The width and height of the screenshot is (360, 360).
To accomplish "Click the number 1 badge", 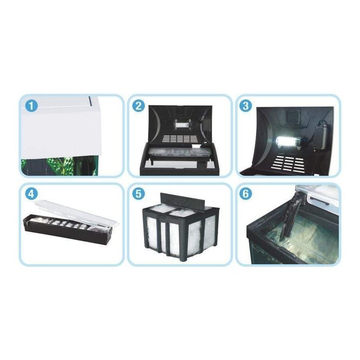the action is pyautogui.click(x=31, y=106).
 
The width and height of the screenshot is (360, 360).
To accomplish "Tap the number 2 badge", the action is pyautogui.click(x=139, y=106).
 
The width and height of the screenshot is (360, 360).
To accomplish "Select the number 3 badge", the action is pyautogui.click(x=245, y=106).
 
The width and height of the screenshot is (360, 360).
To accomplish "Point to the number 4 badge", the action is pyautogui.click(x=31, y=194).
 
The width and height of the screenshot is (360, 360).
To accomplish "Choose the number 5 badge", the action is pyautogui.click(x=139, y=194).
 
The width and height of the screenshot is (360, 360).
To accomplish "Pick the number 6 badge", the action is pyautogui.click(x=245, y=194).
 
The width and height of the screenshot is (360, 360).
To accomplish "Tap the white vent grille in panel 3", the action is pyautogui.click(x=291, y=163).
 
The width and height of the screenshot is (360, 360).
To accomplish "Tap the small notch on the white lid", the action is pyautogui.click(x=90, y=100).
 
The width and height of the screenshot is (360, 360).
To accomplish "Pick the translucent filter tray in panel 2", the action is pyautogui.click(x=177, y=153).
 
